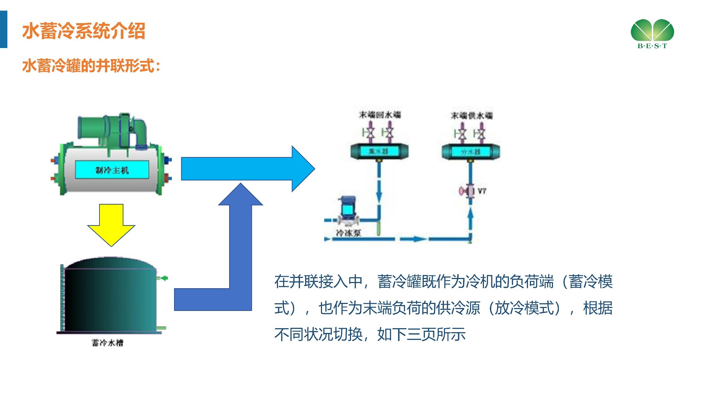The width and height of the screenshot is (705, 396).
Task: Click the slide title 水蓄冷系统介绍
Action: coord(84,31)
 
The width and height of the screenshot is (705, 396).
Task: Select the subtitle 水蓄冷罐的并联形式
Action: coord(91,66)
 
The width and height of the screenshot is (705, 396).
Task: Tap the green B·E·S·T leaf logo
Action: coord(652,33)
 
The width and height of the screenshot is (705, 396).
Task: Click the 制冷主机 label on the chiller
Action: coord(112,170)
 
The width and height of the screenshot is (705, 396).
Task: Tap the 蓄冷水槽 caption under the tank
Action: coord(108,343)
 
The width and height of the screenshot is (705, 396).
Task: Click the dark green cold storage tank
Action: coord(110,297)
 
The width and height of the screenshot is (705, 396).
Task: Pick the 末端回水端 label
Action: coord(380,115)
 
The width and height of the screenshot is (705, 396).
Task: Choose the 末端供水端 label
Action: coord(471,115)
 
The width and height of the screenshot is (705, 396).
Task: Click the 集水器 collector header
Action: coord(379,151)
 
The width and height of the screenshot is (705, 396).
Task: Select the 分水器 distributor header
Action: coord(470,151)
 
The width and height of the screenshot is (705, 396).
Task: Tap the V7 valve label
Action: coord(482,191)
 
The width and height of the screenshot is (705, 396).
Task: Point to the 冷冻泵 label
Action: coord(348,233)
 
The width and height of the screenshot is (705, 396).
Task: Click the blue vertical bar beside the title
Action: coord(3,29)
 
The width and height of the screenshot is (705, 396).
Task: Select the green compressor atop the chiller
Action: coord(110,130)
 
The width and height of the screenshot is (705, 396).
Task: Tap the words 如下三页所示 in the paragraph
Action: coord(422,334)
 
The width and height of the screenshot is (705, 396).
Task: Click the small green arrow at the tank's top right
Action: coord(164,278)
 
